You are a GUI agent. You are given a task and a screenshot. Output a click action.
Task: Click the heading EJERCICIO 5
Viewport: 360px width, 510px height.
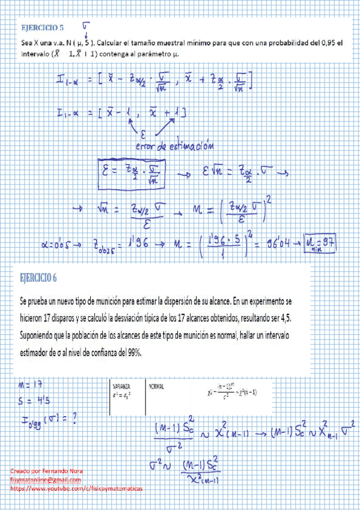tap(42, 28)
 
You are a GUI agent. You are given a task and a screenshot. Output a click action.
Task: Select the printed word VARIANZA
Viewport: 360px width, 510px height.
tap(123, 387)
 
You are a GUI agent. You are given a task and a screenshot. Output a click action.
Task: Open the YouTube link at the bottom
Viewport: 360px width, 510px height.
tap(77, 489)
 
